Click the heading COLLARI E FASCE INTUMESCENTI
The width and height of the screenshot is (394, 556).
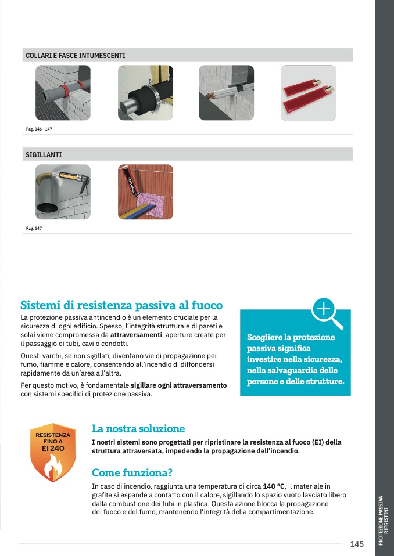pos(75,56)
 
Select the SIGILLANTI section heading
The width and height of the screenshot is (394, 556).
pos(44,155)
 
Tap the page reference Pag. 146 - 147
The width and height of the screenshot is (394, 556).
pos(39,129)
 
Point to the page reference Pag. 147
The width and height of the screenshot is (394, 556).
pos(34,228)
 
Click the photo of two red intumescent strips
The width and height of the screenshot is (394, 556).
pos(309,93)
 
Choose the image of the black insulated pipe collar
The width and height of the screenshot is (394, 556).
pos(145,93)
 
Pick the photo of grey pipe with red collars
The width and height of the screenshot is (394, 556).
pos(63,93)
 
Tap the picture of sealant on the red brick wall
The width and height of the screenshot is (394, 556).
pos(145,192)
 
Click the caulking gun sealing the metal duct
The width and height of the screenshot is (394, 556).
pos(63,192)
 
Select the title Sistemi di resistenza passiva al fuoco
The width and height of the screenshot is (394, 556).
pos(121,305)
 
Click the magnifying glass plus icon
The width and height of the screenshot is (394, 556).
pos(327,313)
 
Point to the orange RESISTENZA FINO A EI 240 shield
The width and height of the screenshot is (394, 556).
pos(53,453)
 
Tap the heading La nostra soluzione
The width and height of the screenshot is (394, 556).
pos(138,429)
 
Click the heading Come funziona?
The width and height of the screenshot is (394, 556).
pos(132,472)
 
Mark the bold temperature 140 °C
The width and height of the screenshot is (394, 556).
pos(274,486)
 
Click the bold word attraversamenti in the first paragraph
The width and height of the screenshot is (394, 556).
pos(136,335)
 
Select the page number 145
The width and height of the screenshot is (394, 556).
pos(357,544)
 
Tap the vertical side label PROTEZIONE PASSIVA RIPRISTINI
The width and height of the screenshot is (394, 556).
pos(384,520)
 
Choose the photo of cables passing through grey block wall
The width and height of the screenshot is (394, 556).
pos(226,93)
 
